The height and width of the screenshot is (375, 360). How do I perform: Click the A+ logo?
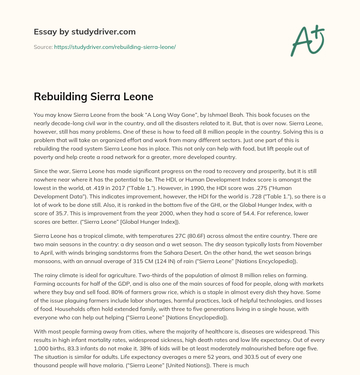(307, 40)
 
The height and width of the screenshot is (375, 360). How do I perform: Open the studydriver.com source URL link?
(115, 47)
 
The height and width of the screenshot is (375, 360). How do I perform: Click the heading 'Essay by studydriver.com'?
(84, 32)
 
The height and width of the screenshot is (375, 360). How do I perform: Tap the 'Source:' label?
(43, 47)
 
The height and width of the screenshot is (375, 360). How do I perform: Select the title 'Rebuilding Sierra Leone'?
(93, 96)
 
